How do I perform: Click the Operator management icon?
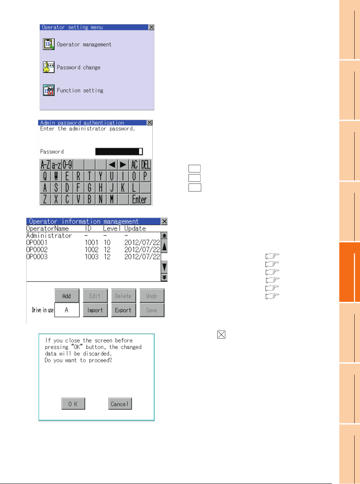(48, 44)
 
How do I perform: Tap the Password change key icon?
(48, 67)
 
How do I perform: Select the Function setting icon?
(48, 90)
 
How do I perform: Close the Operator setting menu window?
(151, 27)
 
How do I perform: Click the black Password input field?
(119, 151)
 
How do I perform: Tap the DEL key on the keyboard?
(145, 165)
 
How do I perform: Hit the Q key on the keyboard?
(45, 176)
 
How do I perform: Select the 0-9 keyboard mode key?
(68, 165)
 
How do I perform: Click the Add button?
(67, 296)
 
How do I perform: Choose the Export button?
(123, 310)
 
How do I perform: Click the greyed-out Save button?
(152, 310)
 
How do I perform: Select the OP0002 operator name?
(37, 249)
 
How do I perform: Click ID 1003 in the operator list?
(92, 257)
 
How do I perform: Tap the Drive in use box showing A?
(67, 310)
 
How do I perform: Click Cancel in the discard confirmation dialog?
(120, 404)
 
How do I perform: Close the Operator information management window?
(164, 221)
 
